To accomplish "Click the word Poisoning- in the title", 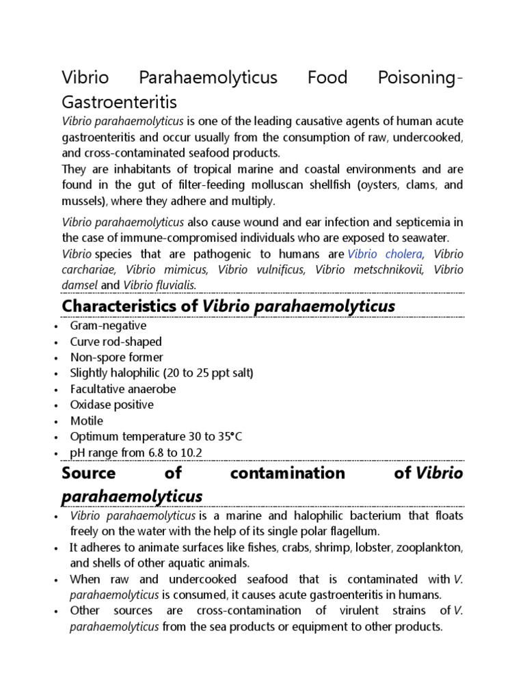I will point(420,78).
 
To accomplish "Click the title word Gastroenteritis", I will point(119,102).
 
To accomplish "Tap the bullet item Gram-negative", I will point(108,326).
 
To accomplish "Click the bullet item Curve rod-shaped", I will point(116,342).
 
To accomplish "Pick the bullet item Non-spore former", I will point(116,358).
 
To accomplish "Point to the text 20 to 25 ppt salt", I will point(209,373).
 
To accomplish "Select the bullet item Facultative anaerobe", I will point(122,389).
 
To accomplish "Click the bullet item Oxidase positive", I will point(111,405).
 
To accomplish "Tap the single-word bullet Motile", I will point(87,420).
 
